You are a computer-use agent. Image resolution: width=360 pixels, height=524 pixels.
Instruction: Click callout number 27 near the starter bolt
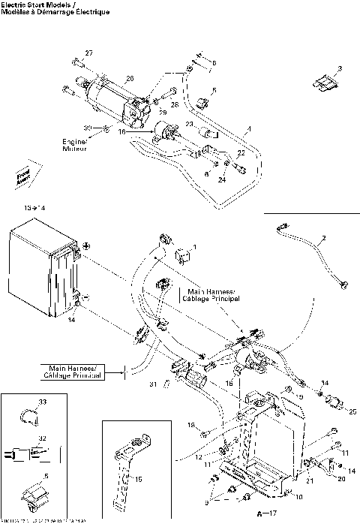88,53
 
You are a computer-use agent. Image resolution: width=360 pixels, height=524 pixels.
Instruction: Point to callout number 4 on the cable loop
250,129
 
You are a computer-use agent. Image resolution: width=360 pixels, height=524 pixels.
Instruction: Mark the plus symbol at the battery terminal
86,245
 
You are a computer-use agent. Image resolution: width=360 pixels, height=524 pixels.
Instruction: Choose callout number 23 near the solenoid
189,123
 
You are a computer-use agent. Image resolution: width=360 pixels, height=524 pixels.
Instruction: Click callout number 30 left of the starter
87,128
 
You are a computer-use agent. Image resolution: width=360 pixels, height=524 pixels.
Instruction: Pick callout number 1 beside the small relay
193,246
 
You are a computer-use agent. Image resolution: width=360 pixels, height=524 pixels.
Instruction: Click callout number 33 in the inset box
42,403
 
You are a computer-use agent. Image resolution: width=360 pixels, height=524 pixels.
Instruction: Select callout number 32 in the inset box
42,438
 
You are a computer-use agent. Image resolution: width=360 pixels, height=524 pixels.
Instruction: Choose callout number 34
325,383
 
